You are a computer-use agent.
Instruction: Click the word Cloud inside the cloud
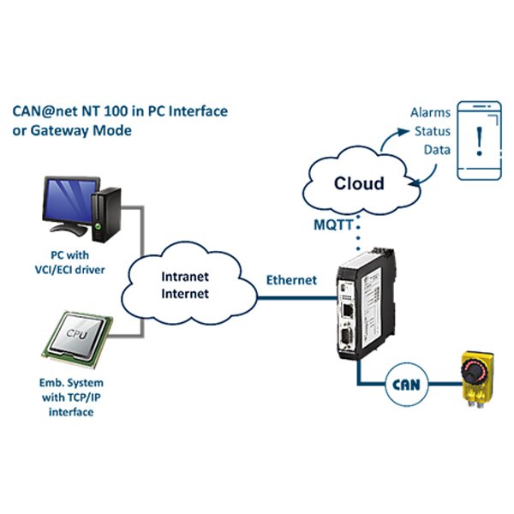[359, 183]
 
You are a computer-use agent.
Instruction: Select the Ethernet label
[291, 280]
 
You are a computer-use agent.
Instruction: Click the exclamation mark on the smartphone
[479, 140]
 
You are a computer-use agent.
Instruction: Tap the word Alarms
[430, 113]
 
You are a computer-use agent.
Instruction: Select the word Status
[433, 131]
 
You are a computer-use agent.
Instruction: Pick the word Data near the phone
[437, 150]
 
